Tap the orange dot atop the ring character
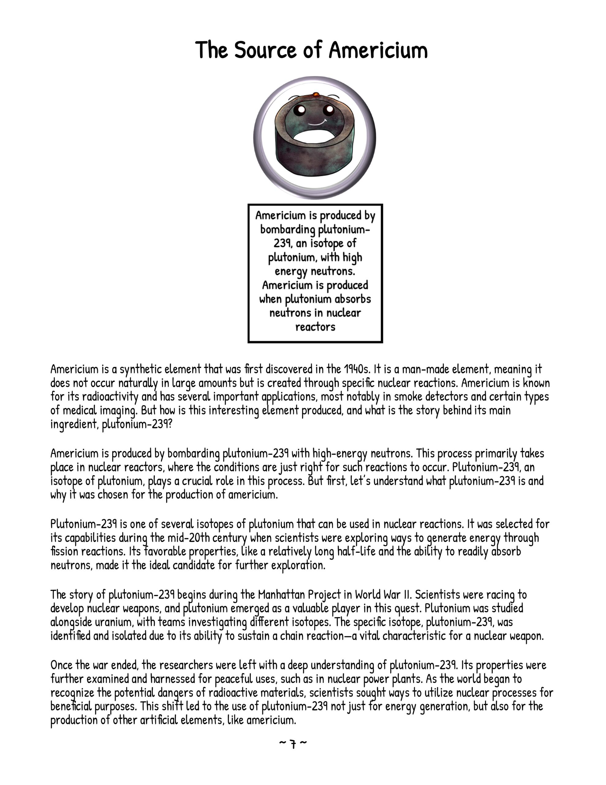click(x=316, y=95)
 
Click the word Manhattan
click(x=281, y=595)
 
